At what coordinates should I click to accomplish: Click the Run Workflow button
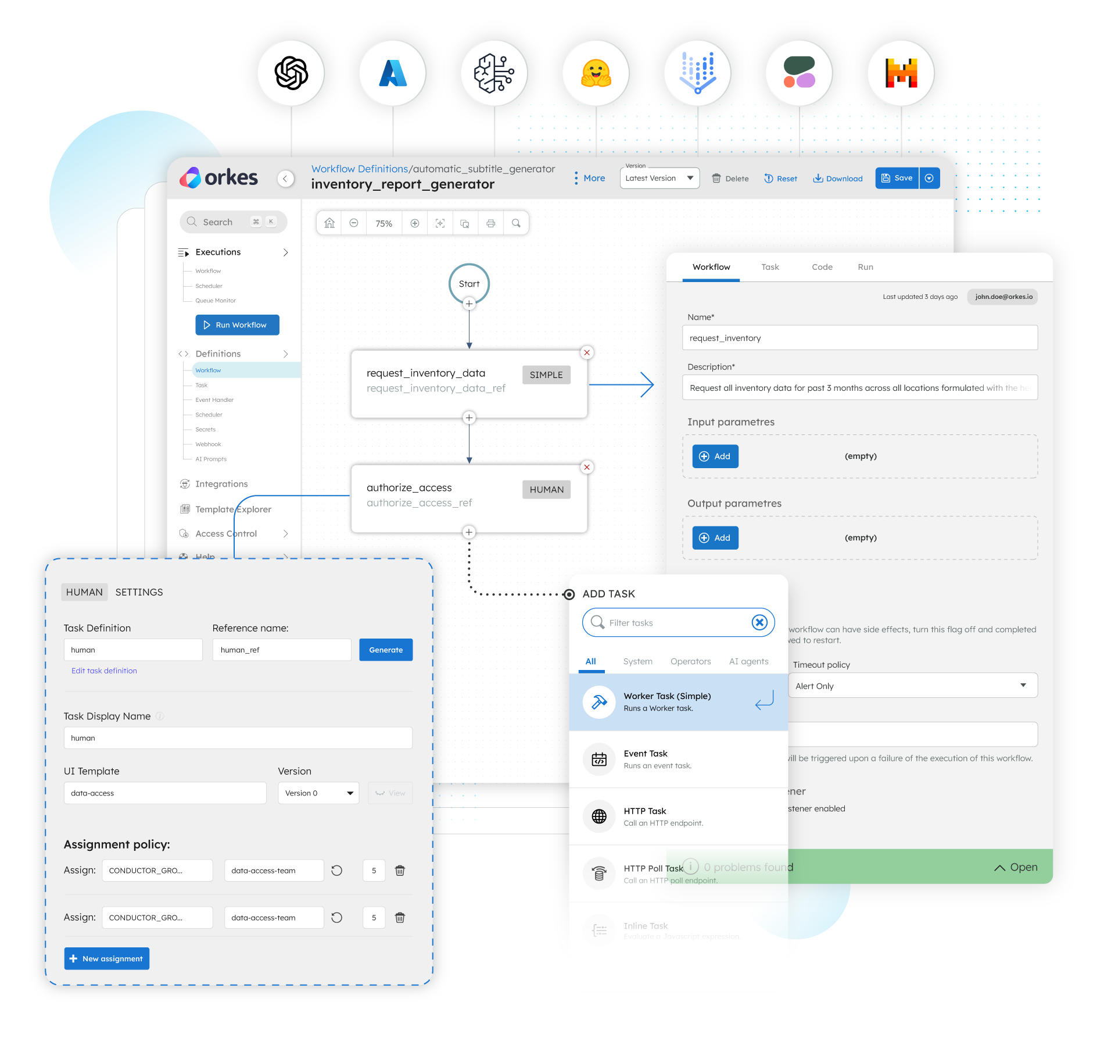tap(237, 325)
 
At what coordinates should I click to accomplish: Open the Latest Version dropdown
tap(659, 179)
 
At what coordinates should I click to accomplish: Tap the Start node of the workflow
tap(469, 284)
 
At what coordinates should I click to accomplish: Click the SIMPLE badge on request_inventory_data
tap(546, 375)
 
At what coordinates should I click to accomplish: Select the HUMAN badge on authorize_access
tap(546, 490)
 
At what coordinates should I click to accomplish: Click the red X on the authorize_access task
tap(587, 467)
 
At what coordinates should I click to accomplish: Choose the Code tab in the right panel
tap(822, 267)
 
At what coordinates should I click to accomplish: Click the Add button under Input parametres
tap(715, 457)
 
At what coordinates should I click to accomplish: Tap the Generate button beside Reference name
tap(386, 650)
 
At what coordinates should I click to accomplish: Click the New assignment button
tap(107, 958)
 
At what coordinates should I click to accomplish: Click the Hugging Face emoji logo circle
tap(596, 73)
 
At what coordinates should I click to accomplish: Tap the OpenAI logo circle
tap(291, 73)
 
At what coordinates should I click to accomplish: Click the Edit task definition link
tap(104, 671)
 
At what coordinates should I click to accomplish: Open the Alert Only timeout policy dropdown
tap(912, 686)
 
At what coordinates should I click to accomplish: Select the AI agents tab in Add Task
tap(748, 661)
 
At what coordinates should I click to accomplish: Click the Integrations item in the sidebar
tap(221, 484)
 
